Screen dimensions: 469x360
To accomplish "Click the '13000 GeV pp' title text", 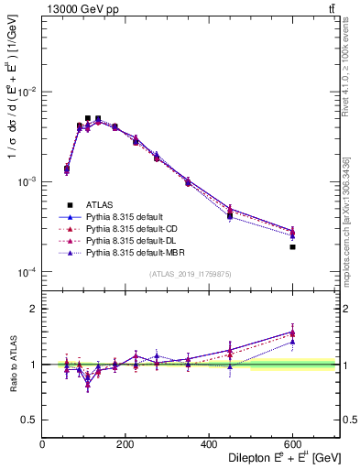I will pyautogui.click(x=79, y=8).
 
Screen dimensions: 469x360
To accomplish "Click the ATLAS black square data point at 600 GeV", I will pyautogui.click(x=292, y=246).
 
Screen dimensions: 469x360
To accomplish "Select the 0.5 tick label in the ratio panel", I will pyautogui.click(x=31, y=419).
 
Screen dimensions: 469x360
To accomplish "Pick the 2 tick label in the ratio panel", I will pyautogui.click(x=35, y=309).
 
